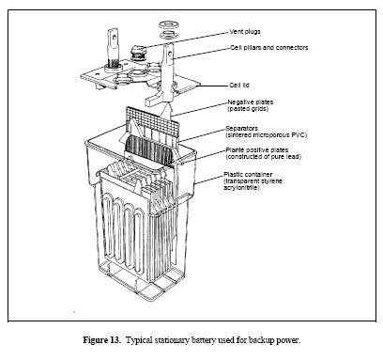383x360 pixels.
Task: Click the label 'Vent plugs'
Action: click(245, 32)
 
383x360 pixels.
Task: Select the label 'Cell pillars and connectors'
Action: click(269, 48)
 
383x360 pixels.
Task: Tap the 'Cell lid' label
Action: click(239, 86)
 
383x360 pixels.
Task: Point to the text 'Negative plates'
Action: click(250, 102)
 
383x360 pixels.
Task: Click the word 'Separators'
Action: click(241, 129)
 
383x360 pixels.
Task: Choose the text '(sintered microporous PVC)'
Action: click(267, 135)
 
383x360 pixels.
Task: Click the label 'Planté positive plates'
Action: click(257, 150)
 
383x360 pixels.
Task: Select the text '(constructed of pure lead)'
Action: click(264, 157)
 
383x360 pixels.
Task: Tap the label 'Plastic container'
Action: click(248, 175)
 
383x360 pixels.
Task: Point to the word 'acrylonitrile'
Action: click(241, 188)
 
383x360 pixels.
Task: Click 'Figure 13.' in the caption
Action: click(101, 340)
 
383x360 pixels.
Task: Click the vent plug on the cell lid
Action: click(138, 53)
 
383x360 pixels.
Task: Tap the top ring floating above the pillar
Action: click(168, 25)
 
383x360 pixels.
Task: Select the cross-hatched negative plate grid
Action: click(153, 122)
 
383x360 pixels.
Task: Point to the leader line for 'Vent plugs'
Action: click(187, 39)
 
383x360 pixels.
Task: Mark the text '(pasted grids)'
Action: click(248, 109)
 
